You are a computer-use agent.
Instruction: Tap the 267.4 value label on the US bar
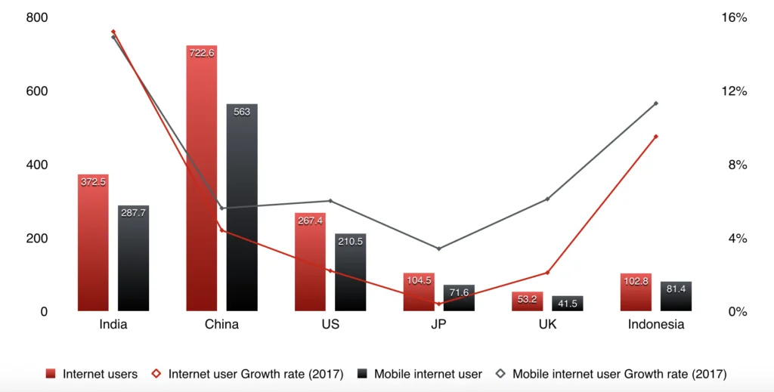point(310,221)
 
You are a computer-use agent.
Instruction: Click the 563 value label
point(242,112)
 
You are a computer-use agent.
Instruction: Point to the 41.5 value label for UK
point(568,303)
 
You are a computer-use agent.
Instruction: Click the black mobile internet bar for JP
point(459,298)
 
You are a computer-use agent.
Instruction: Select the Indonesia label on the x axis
point(656,325)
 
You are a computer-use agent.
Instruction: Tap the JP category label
point(438,325)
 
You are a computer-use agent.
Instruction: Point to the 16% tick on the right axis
point(735,17)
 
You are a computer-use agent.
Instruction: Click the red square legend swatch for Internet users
point(51,374)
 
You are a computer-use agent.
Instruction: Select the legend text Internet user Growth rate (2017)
point(255,374)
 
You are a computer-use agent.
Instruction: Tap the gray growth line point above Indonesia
point(656,103)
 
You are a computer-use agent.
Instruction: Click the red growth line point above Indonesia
point(656,136)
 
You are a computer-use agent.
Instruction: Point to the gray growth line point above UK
point(547,199)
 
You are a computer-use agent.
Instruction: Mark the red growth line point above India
point(113,32)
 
